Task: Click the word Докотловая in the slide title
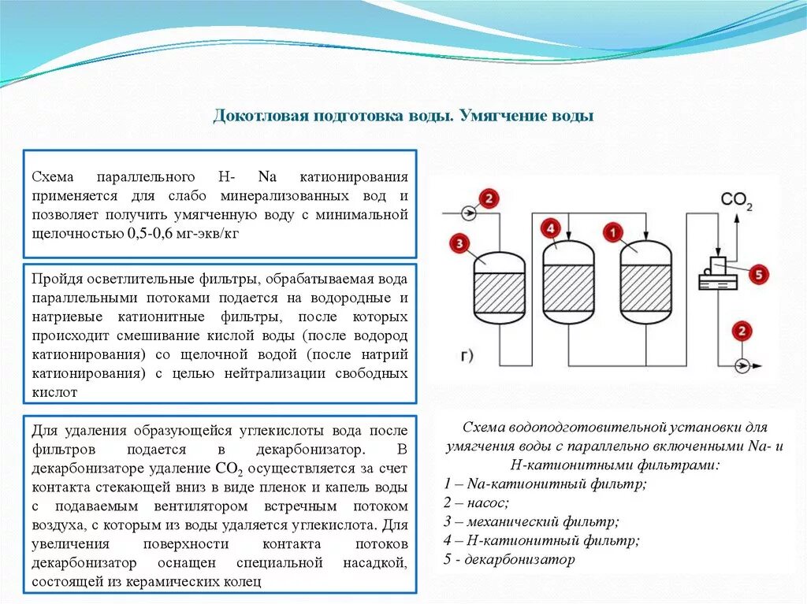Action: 259,116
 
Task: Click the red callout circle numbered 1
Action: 612,232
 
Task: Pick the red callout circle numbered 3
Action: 459,243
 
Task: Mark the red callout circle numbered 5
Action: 757,274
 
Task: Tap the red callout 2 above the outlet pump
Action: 742,332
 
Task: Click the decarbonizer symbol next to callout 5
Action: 718,273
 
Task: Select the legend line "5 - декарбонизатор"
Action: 509,559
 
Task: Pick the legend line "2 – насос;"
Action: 477,502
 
